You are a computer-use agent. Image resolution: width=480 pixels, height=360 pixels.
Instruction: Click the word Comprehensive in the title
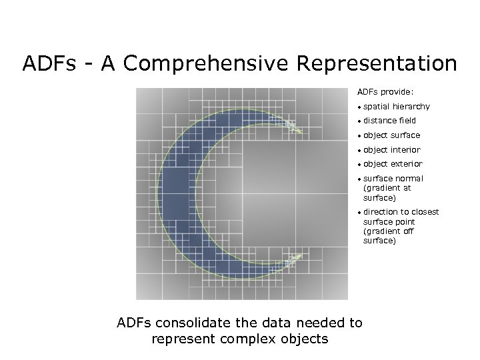point(206,64)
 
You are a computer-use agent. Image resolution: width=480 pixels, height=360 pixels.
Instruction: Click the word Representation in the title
point(377,64)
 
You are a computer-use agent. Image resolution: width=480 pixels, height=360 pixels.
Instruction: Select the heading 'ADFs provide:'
point(385,92)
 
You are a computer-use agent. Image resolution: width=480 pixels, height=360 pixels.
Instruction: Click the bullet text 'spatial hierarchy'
point(397,107)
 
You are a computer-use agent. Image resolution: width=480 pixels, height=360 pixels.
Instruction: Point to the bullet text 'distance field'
point(389,121)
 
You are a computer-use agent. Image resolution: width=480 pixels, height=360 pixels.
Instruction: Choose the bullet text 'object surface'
point(392,135)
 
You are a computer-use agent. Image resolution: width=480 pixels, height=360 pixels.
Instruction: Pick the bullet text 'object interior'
point(392,150)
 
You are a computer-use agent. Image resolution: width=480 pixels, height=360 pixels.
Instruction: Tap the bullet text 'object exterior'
point(393,164)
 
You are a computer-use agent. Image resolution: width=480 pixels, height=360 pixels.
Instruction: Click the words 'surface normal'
point(393,179)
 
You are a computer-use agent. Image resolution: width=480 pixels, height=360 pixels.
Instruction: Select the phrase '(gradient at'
point(387,188)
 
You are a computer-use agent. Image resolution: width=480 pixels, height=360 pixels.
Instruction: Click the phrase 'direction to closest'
point(401,212)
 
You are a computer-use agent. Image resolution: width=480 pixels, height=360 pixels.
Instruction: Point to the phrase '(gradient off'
point(389,231)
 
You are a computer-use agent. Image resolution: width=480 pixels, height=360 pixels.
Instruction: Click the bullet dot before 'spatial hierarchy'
point(359,107)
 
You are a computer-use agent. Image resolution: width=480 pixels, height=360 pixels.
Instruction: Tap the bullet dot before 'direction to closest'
point(359,213)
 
